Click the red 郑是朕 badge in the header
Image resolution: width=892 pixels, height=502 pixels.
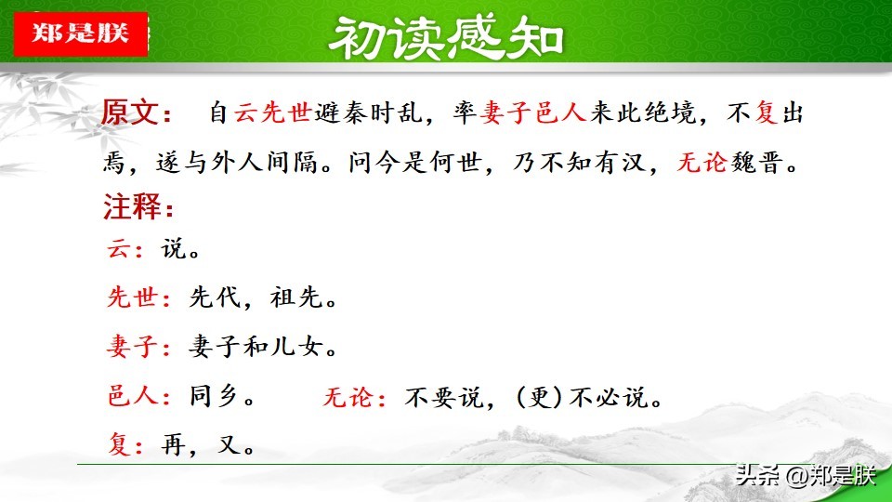pos(81,33)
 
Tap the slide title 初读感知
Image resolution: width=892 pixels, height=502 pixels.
pos(445,37)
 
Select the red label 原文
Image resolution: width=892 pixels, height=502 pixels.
pos(130,112)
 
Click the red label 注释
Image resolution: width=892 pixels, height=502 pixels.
pos(132,206)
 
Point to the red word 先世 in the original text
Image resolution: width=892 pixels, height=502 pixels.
pos(286,112)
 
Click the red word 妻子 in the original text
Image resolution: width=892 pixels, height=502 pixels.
pos(506,112)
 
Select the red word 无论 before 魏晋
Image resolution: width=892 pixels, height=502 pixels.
pos(702,163)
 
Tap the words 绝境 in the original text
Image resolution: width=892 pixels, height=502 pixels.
pos(671,112)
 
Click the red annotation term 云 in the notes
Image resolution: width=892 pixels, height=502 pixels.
pos(119,249)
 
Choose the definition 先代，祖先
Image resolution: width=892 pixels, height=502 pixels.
pos(263,297)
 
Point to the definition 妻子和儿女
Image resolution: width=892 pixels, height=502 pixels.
pos(263,346)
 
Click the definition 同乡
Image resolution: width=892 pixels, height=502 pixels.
pos(222,396)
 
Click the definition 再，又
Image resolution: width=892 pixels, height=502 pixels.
pos(208,444)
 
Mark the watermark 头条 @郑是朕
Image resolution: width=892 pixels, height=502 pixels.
pos(806,475)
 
